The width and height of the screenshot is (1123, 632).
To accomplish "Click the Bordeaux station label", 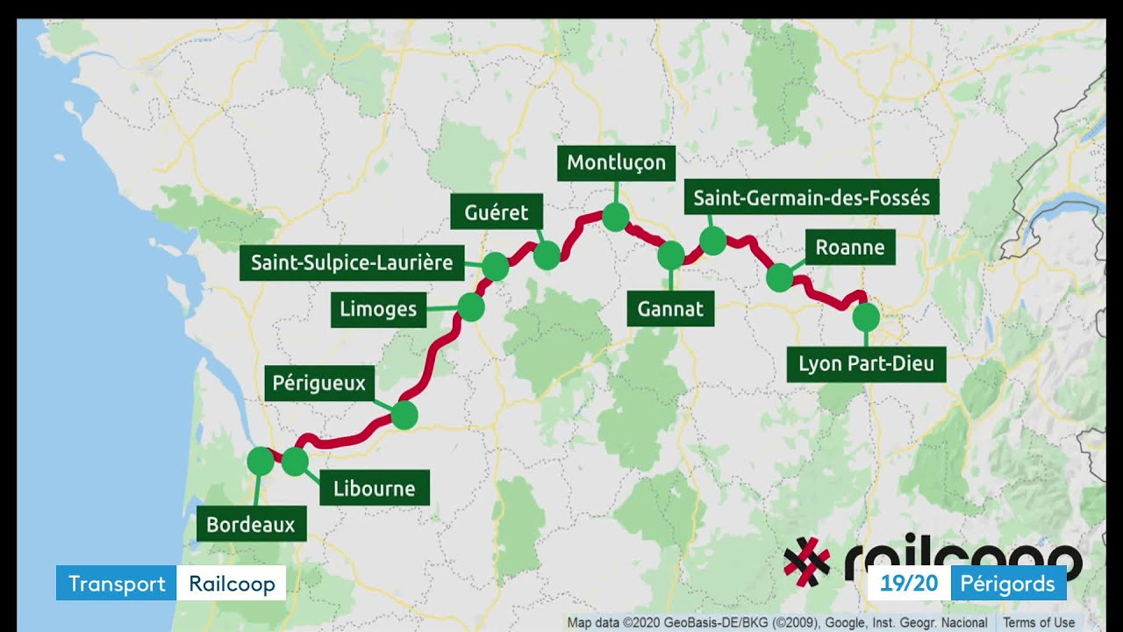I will point(251,525).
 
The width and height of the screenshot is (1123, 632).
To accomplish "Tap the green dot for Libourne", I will point(295,461).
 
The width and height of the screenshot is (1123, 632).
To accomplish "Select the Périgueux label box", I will point(318,384).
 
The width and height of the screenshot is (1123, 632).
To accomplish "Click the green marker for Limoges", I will point(471,307).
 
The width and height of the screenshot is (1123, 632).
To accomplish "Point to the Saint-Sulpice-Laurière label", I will point(352,262).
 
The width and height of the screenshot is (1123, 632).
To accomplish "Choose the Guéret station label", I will point(497,212).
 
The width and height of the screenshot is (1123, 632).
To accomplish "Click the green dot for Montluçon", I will point(615,217).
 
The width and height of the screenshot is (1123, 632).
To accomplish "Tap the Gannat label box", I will point(670,309).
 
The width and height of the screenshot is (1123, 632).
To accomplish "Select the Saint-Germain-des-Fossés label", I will point(812,197).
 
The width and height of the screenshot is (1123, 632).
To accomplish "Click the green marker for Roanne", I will point(779,278).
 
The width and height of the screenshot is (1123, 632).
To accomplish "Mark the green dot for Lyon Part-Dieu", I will point(866,316).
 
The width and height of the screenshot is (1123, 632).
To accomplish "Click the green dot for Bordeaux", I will point(261,461).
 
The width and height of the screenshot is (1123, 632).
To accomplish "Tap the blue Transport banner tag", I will point(117,584).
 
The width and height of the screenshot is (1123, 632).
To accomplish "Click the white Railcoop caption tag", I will point(232,584).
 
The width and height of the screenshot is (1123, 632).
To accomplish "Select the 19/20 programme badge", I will point(909,584).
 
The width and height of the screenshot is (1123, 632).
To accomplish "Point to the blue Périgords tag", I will point(1008,584).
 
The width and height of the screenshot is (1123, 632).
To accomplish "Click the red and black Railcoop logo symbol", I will point(806,561).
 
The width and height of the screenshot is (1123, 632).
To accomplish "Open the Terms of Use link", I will point(1039,622).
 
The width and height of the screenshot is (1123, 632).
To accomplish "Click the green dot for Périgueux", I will point(404,415).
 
